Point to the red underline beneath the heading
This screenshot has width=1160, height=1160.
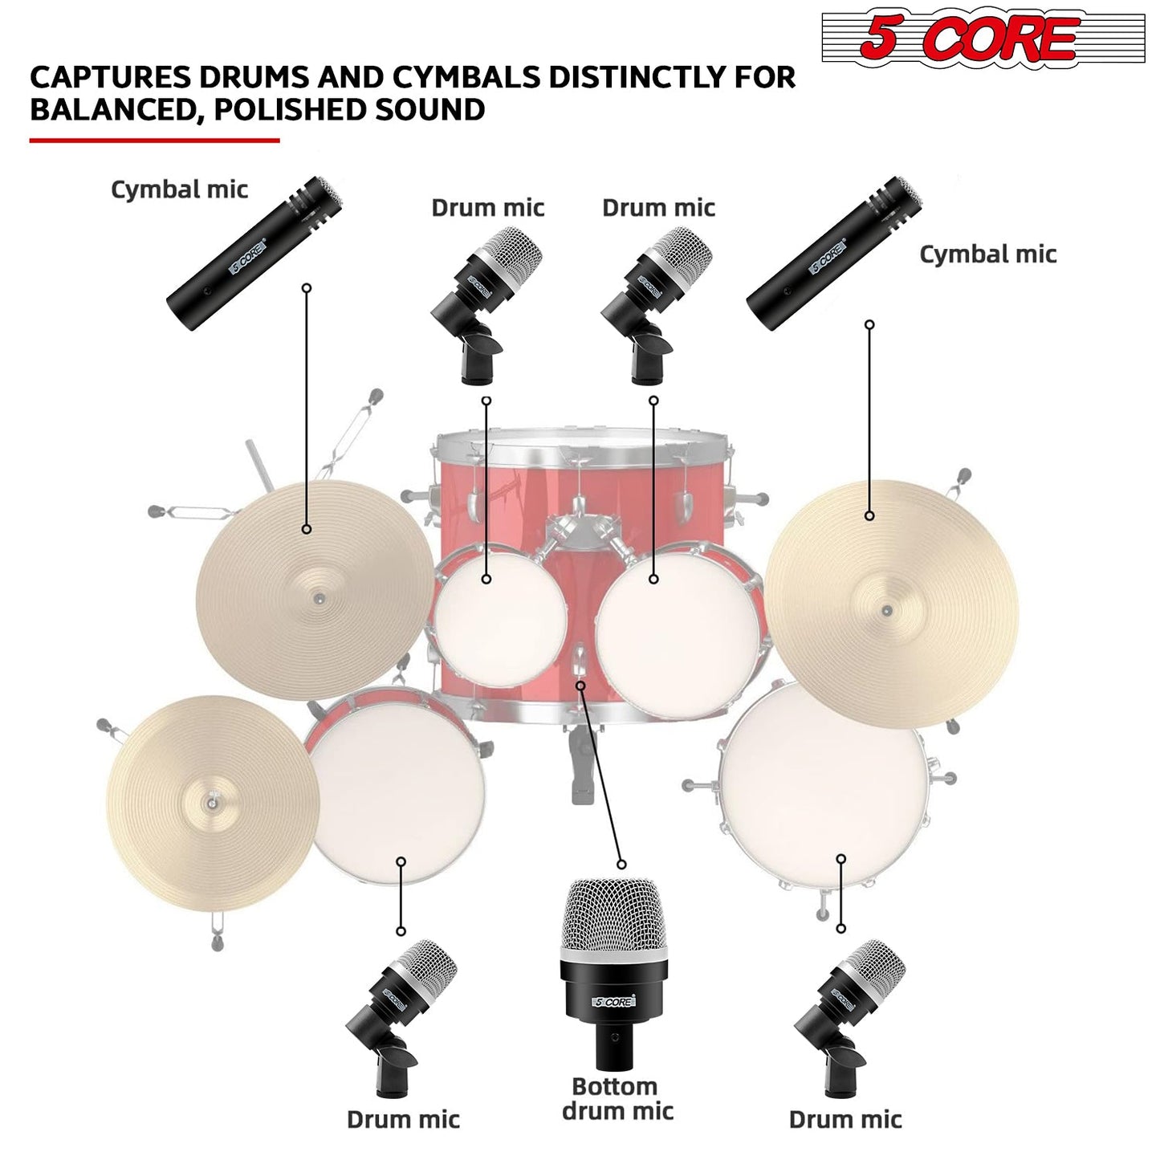click(x=154, y=140)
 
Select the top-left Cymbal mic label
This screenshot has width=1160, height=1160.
click(x=179, y=189)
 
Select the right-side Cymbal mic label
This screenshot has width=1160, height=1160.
click(x=987, y=254)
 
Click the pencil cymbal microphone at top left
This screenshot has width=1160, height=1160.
click(x=255, y=253)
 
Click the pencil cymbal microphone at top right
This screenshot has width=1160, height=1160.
click(x=835, y=253)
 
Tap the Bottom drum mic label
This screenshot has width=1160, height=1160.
click(x=617, y=1099)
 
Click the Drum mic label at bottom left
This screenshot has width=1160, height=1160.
click(x=403, y=1119)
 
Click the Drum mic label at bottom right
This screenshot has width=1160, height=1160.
click(x=845, y=1119)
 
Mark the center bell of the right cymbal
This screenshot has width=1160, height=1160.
click(x=887, y=610)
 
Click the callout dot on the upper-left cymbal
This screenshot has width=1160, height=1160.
click(x=306, y=529)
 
